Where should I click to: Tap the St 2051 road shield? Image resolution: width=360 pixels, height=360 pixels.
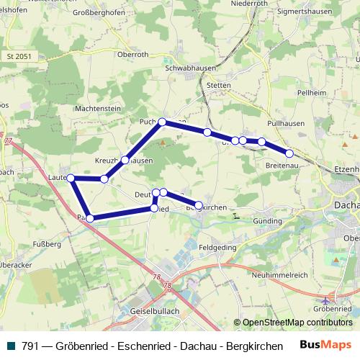[19, 55]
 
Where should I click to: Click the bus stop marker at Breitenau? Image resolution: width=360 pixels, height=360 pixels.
[289, 153]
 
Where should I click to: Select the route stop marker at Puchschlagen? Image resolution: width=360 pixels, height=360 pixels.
[163, 122]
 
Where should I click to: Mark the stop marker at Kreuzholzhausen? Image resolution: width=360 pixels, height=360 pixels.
[125, 160]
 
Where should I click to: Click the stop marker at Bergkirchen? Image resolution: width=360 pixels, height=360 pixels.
[199, 206]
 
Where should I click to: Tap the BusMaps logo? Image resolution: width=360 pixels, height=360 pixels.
[325, 346]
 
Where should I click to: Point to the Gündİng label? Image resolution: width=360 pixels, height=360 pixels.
[268, 220]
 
